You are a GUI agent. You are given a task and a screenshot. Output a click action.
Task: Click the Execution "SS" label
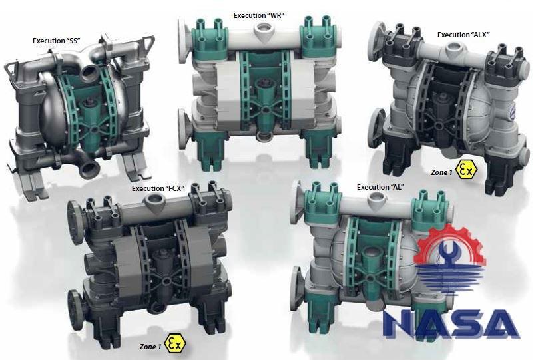click(x=57, y=41)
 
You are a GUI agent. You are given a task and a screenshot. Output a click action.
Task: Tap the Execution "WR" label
click(x=258, y=15)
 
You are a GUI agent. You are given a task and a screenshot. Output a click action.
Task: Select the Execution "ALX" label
click(x=463, y=35)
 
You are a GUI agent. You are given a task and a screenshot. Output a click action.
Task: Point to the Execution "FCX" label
click(x=158, y=188)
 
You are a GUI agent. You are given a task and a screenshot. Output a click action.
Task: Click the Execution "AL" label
click(x=380, y=187)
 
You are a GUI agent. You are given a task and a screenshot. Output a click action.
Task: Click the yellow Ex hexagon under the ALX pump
click(x=466, y=170)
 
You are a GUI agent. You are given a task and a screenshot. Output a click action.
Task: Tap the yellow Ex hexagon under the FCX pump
click(x=176, y=343)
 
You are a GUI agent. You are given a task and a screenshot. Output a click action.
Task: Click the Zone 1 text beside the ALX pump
click(x=441, y=172)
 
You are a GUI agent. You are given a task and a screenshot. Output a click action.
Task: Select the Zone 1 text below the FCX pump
click(x=150, y=346)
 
